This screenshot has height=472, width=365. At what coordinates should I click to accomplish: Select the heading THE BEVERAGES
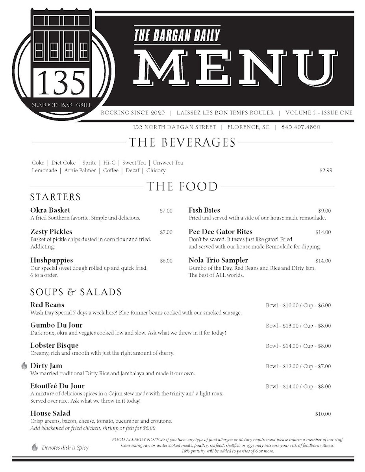pyautogui.click(x=182, y=142)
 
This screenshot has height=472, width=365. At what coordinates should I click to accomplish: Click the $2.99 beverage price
pyautogui.click(x=326, y=171)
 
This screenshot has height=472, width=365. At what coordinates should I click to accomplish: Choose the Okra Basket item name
pyautogui.click(x=50, y=210)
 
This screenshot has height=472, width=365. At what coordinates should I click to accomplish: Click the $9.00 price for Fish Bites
pyautogui.click(x=324, y=211)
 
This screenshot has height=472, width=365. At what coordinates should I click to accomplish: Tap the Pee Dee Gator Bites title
pyautogui.click(x=220, y=232)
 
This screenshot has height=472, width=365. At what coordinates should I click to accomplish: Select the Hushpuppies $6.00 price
pyautogui.click(x=166, y=261)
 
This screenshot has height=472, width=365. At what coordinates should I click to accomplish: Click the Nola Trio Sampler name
pyautogui.click(x=218, y=260)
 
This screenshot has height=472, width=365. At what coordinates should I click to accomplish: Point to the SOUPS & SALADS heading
pyautogui.click(x=76, y=292)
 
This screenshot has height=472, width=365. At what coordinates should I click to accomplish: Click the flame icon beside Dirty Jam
pyautogui.click(x=24, y=366)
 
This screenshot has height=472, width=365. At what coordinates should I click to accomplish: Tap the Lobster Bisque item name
pyautogui.click(x=54, y=345)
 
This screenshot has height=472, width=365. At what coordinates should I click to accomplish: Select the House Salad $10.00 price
pyautogui.click(x=323, y=414)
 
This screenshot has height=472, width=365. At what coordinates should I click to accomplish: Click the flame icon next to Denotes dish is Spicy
pyautogui.click(x=35, y=447)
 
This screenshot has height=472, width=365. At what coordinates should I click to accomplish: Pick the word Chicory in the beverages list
pyautogui.click(x=156, y=171)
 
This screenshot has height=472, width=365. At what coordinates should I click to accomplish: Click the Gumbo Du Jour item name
pyautogui.click(x=56, y=325)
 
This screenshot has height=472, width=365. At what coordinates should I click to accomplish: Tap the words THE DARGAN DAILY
pyautogui.click(x=177, y=35)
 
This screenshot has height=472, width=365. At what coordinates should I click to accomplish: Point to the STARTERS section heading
pyautogui.click(x=55, y=197)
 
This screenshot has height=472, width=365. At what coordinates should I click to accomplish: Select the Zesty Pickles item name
pyautogui.click(x=51, y=232)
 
